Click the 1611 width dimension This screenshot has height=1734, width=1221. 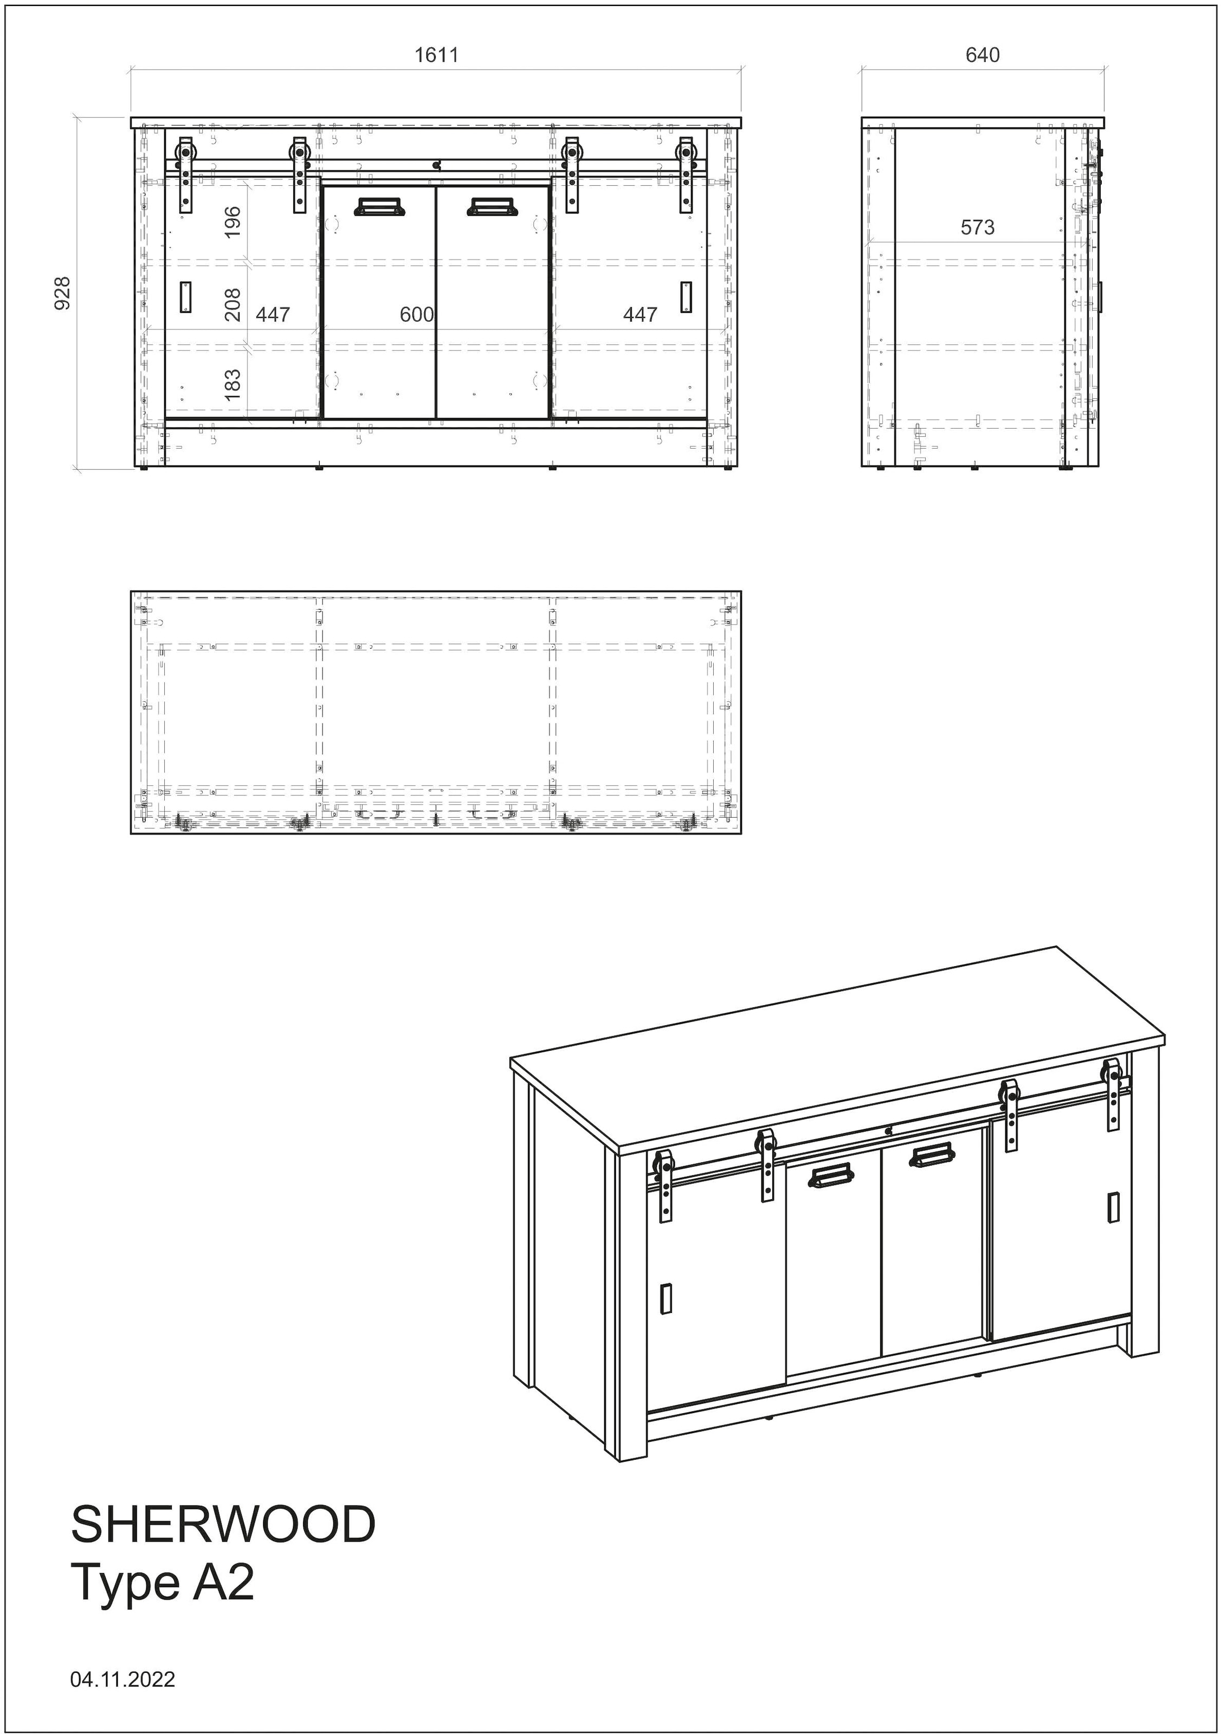pyautogui.click(x=436, y=55)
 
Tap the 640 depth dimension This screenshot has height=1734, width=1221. pyautogui.click(x=983, y=55)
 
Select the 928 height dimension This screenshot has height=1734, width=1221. pyautogui.click(x=63, y=293)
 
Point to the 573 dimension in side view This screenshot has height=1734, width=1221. pyautogui.click(x=977, y=228)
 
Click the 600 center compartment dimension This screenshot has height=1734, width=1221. pyautogui.click(x=416, y=314)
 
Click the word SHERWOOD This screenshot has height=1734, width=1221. pyautogui.click(x=223, y=1524)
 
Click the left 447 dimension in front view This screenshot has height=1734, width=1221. pyautogui.click(x=273, y=314)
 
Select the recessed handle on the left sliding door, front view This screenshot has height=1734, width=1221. pyautogui.click(x=186, y=297)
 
